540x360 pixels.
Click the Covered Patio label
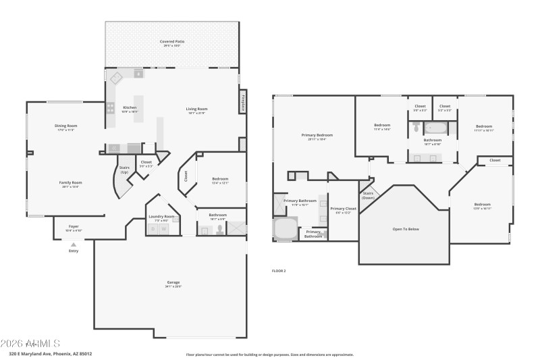tap(172, 42)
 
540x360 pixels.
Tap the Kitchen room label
tap(130, 108)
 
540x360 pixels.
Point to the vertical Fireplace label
tap(242, 100)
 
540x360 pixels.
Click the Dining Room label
tap(66, 126)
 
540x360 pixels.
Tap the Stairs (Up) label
tap(124, 170)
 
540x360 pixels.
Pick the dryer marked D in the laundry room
tap(153, 230)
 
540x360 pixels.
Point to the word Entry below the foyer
tap(74, 251)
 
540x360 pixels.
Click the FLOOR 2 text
tap(279, 270)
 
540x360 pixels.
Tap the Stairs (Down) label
tap(368, 195)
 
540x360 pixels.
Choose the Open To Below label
tap(406, 229)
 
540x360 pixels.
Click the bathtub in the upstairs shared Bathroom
tap(435, 128)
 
